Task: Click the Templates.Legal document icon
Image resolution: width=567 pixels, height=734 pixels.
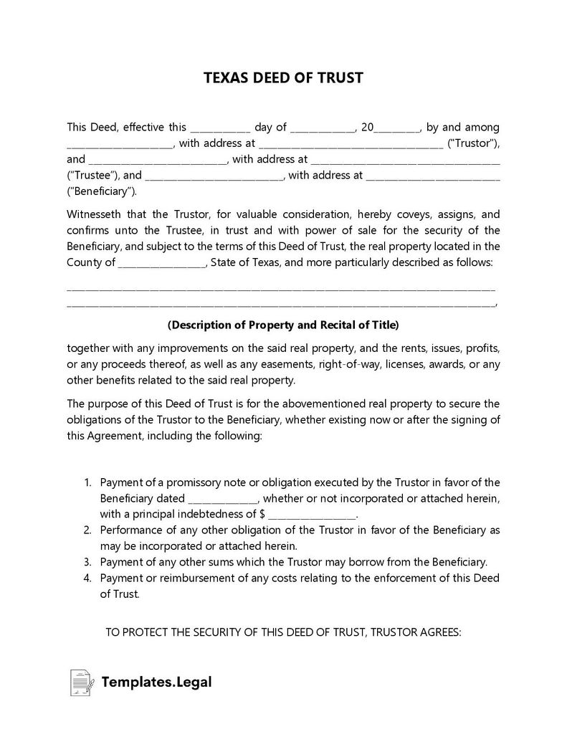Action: click(81, 682)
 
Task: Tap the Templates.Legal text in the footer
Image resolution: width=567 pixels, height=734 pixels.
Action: click(156, 682)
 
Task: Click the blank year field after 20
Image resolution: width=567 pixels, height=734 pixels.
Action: click(397, 128)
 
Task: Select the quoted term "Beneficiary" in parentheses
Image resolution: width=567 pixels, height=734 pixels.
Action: click(101, 191)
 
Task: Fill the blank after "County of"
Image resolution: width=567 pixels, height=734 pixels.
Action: click(161, 262)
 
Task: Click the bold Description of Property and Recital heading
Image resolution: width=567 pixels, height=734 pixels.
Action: click(283, 325)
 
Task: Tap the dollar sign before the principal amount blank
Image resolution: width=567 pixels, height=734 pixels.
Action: click(263, 514)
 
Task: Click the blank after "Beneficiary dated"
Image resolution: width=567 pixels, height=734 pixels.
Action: click(223, 498)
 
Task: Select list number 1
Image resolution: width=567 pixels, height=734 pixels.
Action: click(87, 482)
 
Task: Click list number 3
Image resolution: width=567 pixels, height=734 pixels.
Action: click(87, 562)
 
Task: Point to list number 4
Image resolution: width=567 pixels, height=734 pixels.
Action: click(87, 578)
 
